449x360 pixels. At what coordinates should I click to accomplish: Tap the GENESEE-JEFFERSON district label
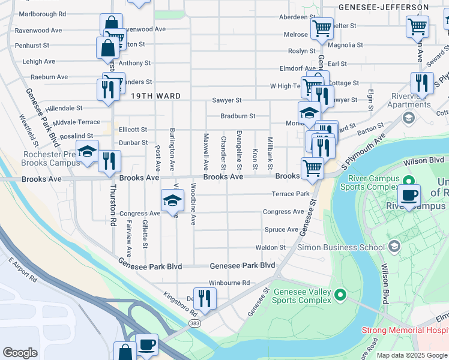pyautogui.click(x=384, y=8)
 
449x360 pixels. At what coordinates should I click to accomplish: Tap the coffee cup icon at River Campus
pyautogui.click(x=409, y=195)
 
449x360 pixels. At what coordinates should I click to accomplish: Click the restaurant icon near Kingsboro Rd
pyautogui.click(x=205, y=298)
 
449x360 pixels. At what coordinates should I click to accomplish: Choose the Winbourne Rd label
pyautogui.click(x=229, y=283)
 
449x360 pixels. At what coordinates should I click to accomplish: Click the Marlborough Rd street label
pyautogui.click(x=43, y=14)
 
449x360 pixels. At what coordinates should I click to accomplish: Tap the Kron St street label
pyautogui.click(x=255, y=158)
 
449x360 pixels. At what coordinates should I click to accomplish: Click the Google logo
pyautogui.click(x=20, y=353)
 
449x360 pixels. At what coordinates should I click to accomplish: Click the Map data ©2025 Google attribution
pyautogui.click(x=411, y=355)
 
